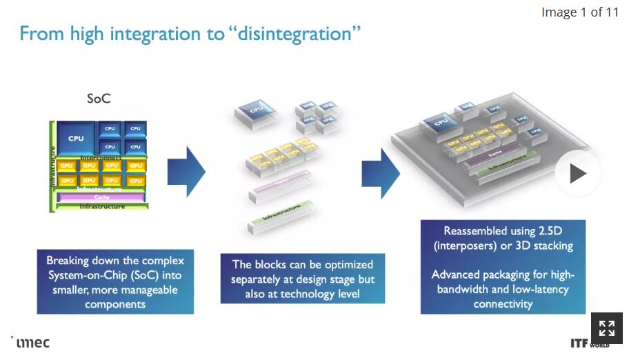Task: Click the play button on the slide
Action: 578,174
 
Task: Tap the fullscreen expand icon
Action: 606,328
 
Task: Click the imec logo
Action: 32,342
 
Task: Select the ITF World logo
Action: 590,343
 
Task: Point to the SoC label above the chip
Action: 99,99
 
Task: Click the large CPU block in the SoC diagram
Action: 76,139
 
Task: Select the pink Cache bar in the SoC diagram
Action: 101,197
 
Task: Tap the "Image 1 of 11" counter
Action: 579,12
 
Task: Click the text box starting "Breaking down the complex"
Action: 115,282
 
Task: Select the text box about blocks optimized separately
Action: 302,279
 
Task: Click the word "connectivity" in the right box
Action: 503,303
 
